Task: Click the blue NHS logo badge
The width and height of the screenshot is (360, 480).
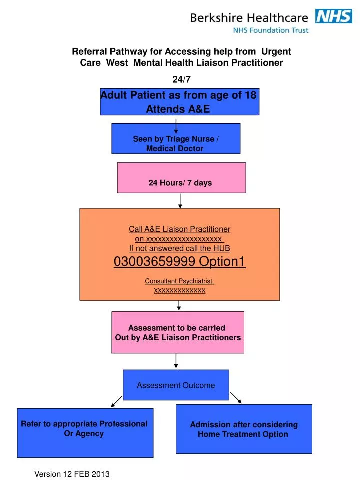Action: (333, 16)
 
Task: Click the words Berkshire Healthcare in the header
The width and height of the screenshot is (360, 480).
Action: (249, 18)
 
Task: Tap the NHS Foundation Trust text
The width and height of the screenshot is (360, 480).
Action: (271, 30)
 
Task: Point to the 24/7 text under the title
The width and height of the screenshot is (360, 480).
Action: (181, 79)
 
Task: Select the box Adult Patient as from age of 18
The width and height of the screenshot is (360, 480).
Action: (179, 102)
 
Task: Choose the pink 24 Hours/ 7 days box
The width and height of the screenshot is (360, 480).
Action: (181, 178)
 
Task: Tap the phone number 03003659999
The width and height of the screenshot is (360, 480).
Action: (154, 262)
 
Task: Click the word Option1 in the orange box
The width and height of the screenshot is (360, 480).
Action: (222, 262)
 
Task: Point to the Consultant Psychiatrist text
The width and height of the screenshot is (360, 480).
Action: (179, 281)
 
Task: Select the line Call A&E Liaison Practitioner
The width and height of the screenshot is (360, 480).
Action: (179, 229)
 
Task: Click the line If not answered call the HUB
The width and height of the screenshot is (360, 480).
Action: (179, 248)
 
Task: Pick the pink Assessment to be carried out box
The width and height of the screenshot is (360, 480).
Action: (177, 332)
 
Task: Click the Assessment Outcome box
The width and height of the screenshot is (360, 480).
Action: (176, 385)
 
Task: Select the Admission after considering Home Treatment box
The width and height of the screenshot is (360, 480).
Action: (243, 429)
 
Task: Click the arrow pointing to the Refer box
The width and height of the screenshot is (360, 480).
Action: (116, 401)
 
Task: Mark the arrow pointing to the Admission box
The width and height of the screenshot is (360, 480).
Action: (236, 398)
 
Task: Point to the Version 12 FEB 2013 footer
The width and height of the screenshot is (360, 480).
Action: (72, 474)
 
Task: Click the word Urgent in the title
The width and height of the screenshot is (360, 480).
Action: (276, 51)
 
